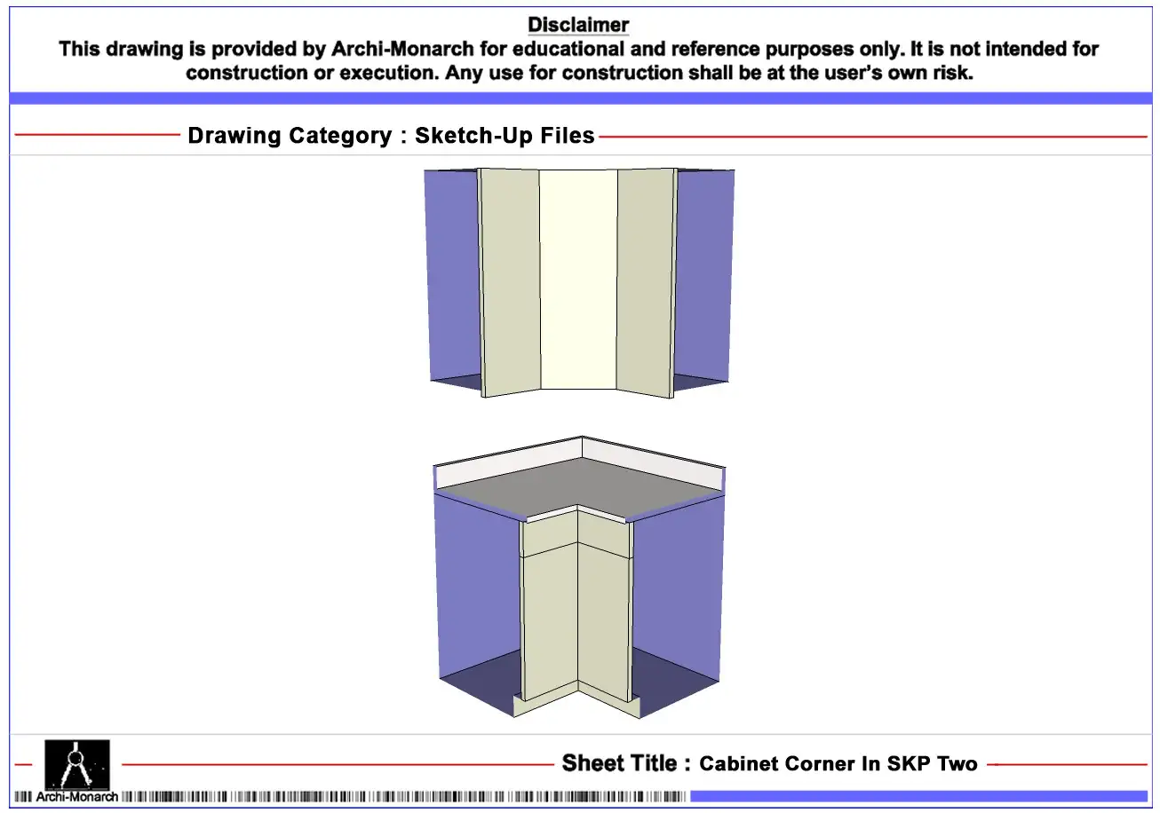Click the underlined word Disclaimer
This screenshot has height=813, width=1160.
[578, 25]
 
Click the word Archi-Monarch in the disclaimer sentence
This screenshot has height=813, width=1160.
[402, 49]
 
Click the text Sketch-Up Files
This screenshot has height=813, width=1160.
[505, 136]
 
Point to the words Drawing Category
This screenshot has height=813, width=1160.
[290, 136]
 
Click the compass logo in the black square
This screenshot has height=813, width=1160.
[77, 764]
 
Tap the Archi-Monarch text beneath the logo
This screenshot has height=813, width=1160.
[76, 796]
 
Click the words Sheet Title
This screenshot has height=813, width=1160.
[619, 763]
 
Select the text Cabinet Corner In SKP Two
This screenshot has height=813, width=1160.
[838, 764]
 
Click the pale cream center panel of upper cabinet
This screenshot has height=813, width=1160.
[578, 280]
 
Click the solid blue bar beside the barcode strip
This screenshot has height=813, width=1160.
[918, 796]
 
